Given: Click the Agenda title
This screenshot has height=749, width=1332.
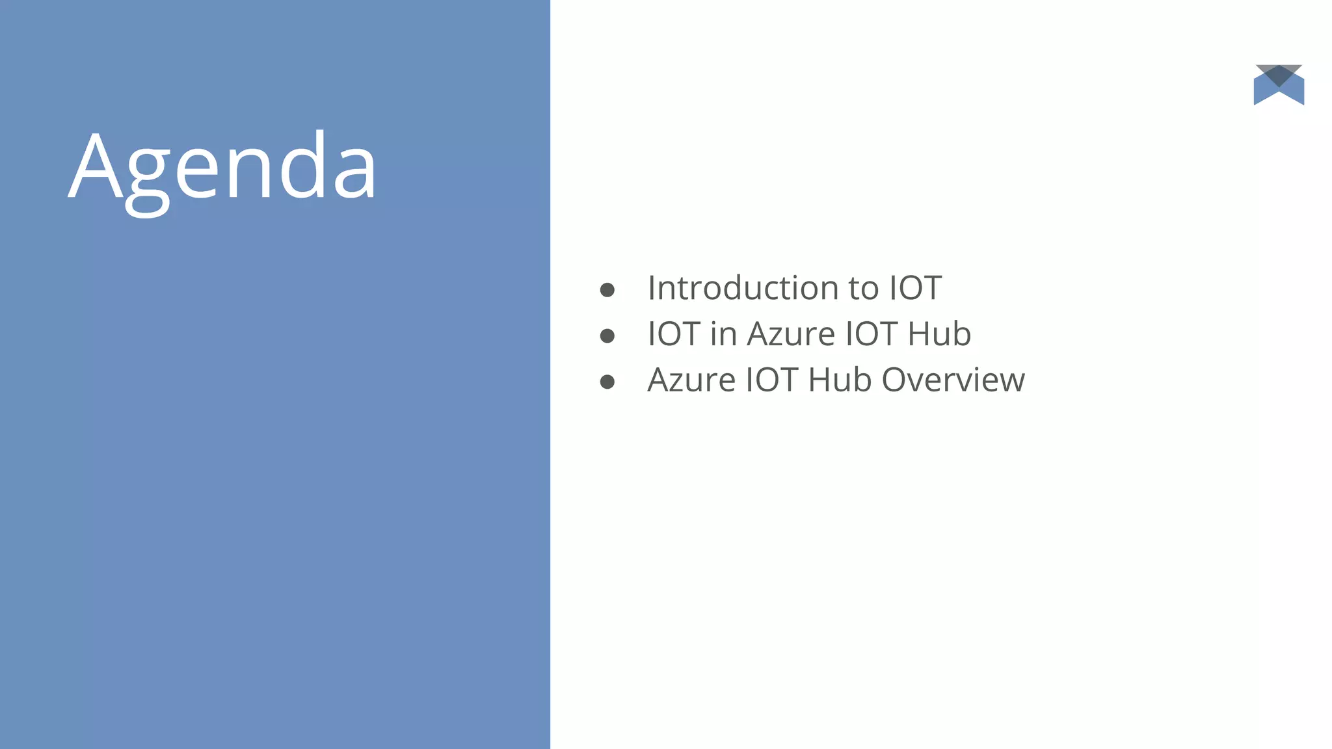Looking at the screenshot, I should click(x=222, y=168).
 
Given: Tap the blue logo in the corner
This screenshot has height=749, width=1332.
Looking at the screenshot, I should click(x=1279, y=85).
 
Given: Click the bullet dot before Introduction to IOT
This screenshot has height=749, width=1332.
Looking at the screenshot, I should click(x=607, y=290).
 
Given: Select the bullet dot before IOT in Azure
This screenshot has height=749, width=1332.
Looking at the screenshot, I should click(x=607, y=336).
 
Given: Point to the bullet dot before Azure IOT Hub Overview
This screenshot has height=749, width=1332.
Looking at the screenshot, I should click(x=607, y=382).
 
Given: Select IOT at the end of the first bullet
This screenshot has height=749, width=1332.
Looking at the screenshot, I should click(x=915, y=288).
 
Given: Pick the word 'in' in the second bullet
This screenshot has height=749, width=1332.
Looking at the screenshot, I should click(x=723, y=334).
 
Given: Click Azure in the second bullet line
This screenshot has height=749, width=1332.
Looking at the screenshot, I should click(x=791, y=334).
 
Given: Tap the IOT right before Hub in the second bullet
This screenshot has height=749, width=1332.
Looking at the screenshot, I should click(x=871, y=334).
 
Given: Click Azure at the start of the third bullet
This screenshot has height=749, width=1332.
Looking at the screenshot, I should click(x=691, y=380).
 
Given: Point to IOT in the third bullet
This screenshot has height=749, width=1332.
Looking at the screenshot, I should click(x=771, y=380).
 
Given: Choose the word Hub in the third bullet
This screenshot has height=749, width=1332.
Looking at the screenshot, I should click(x=840, y=380).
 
